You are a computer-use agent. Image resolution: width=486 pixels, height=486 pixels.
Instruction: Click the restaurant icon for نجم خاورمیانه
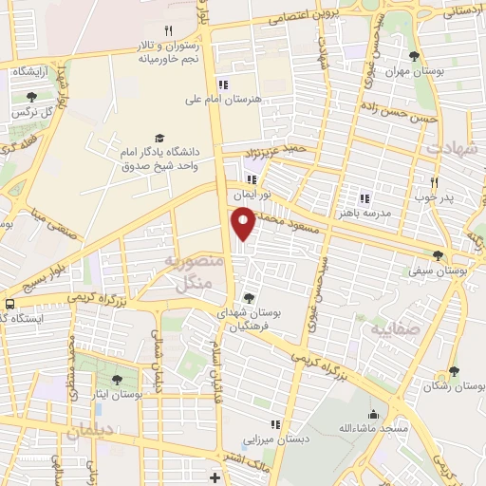pyautogui.click(x=168, y=30)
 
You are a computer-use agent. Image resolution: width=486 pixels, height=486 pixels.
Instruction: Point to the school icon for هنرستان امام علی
pyautogui.click(x=223, y=83)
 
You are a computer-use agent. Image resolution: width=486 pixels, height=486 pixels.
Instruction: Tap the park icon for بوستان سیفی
pyautogui.click(x=437, y=254)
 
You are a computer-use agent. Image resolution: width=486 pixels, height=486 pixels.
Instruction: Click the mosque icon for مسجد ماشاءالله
pyautogui.click(x=373, y=415)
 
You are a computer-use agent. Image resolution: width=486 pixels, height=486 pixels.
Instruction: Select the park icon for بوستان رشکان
pyautogui.click(x=454, y=371)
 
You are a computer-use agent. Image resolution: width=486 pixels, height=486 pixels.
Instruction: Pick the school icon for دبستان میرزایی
pyautogui.click(x=274, y=424)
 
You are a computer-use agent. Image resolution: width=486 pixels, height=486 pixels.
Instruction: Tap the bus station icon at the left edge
pyautogui.click(x=9, y=305)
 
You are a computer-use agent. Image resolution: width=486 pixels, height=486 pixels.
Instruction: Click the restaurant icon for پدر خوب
pyautogui.click(x=435, y=182)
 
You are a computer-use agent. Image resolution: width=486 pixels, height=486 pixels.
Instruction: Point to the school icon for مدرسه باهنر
pyautogui.click(x=363, y=198)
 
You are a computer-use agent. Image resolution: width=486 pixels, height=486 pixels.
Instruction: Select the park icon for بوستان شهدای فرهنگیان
pyautogui.click(x=249, y=299)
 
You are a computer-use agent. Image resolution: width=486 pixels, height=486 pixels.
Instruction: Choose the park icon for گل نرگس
pyautogui.click(x=32, y=97)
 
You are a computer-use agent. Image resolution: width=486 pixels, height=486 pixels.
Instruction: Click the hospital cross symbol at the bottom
pyautogui.click(x=215, y=477)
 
